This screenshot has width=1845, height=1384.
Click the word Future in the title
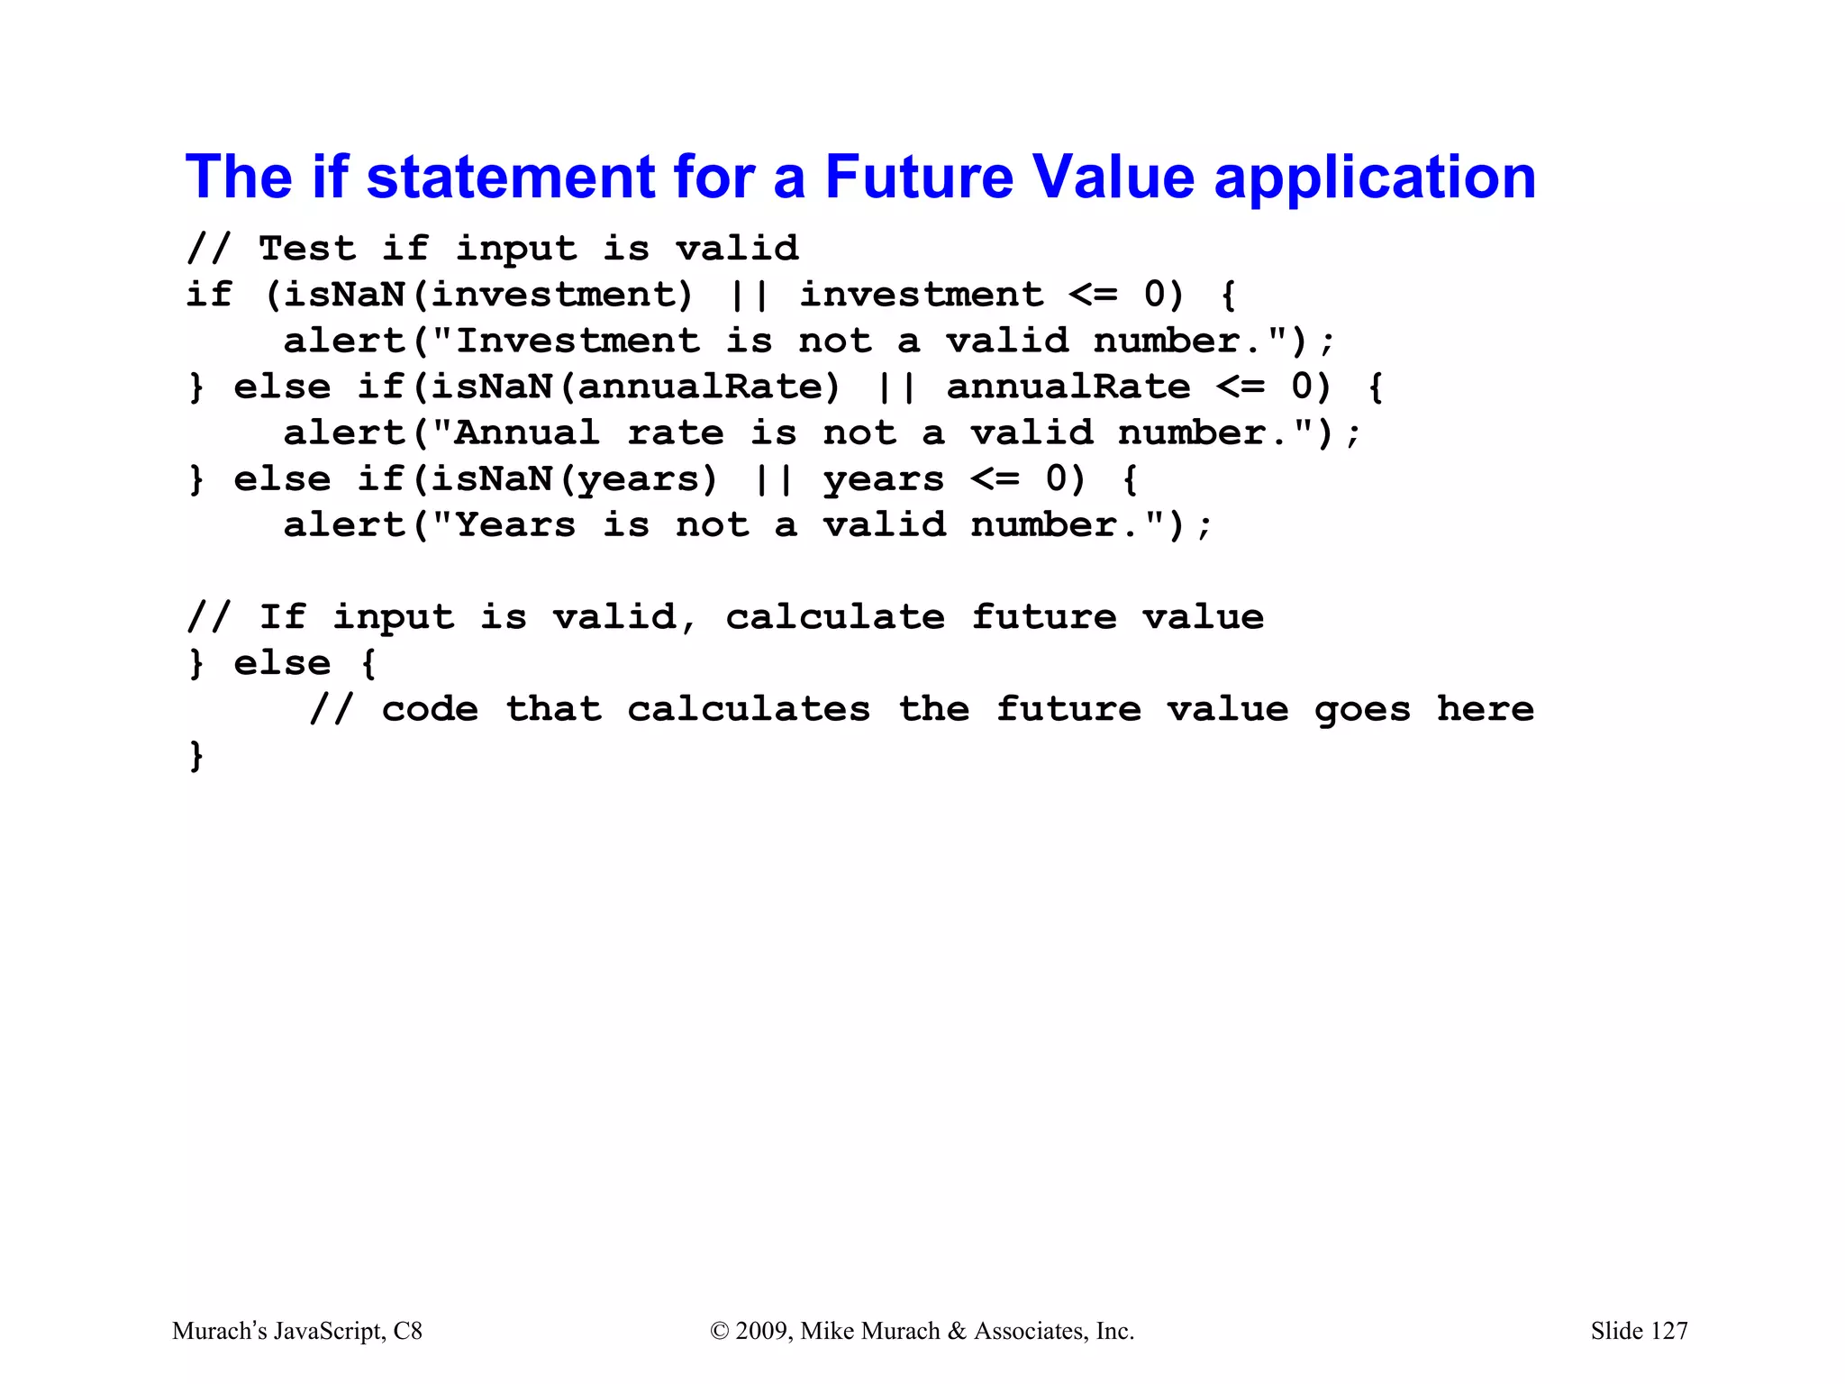tap(919, 178)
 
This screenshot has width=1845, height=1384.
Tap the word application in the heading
tap(1375, 178)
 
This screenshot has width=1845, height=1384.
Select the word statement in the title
tap(511, 178)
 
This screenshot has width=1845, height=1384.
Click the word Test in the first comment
tap(307, 248)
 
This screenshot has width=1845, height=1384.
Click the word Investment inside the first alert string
tap(577, 341)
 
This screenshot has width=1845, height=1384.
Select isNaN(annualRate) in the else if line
tap(626, 387)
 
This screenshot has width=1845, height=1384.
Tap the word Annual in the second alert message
tap(527, 433)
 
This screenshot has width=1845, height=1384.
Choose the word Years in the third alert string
tap(515, 525)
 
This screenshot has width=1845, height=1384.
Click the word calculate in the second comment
tap(835, 617)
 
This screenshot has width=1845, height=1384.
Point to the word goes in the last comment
tap(1361, 709)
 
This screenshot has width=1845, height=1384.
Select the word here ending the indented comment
tap(1485, 709)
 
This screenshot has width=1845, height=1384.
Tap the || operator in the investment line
tap(750, 295)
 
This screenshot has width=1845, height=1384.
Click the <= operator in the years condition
tap(995, 479)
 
